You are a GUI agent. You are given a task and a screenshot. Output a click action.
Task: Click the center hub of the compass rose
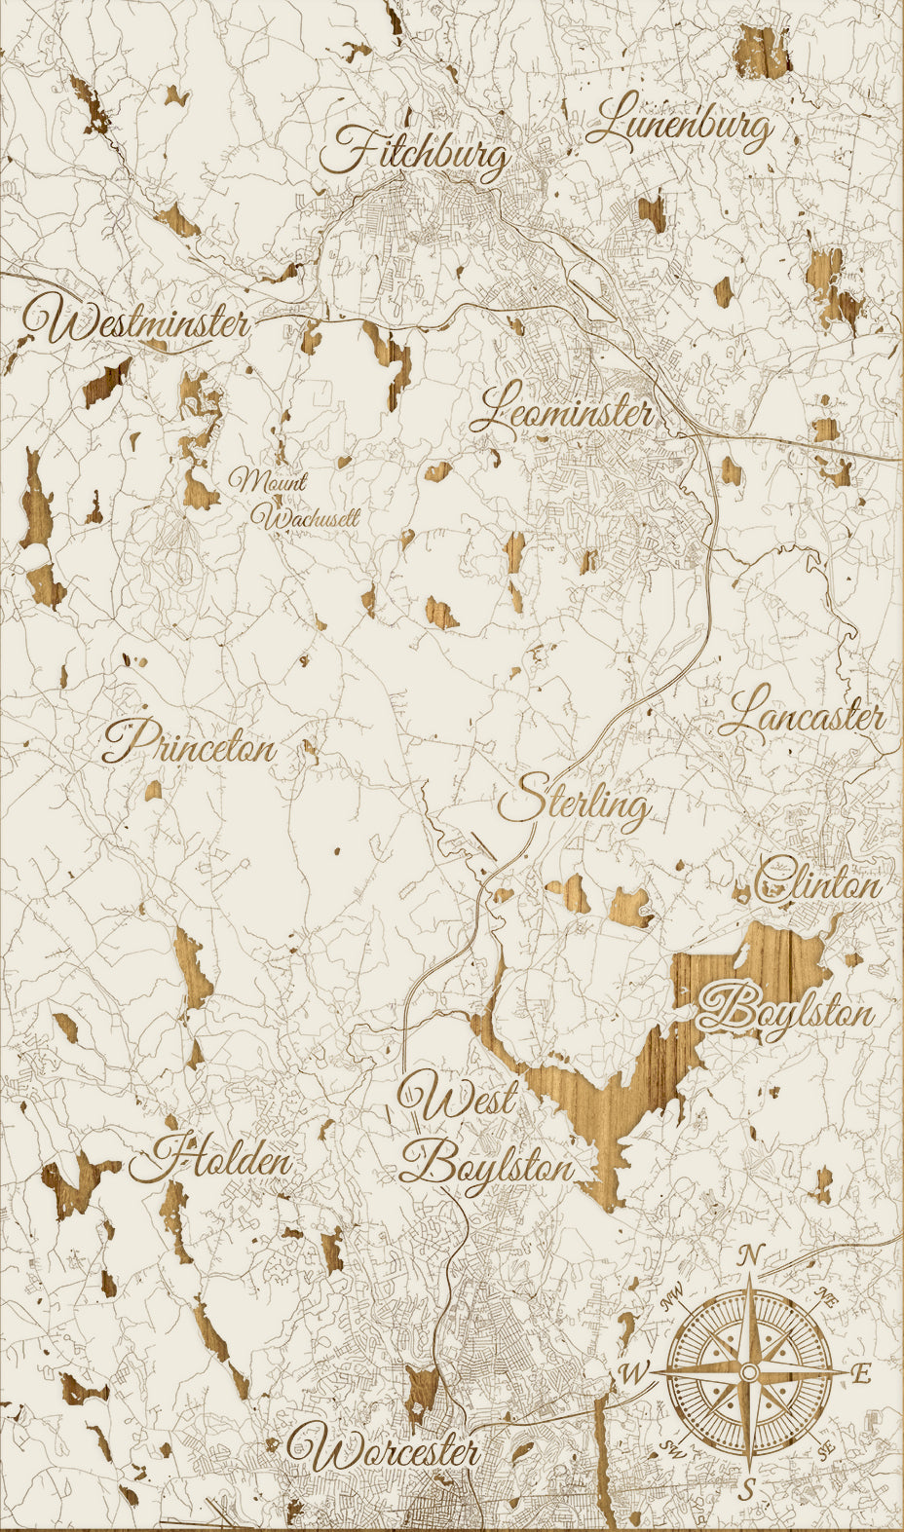click(748, 1371)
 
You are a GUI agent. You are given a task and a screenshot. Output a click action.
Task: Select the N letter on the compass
click(750, 1256)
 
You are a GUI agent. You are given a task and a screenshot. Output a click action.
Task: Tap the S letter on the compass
click(747, 1488)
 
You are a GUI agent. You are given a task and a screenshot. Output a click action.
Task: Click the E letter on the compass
click(861, 1374)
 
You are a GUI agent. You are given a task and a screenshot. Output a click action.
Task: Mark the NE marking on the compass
click(827, 1297)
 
